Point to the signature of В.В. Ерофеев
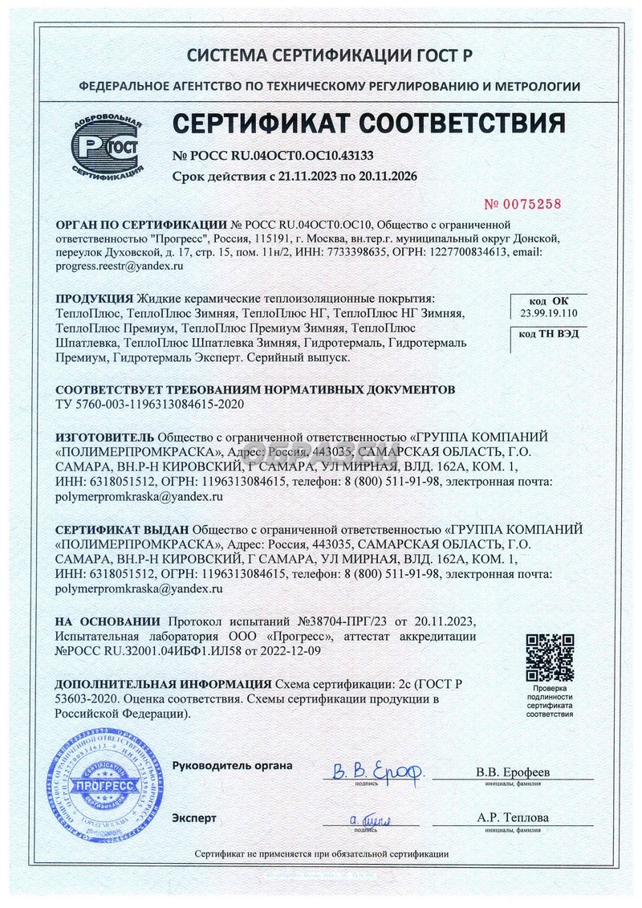377,772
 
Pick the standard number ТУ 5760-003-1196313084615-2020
148,403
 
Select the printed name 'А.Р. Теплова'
513,817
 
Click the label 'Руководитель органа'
232,765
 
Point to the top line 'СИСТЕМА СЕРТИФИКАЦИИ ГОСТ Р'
329,55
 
